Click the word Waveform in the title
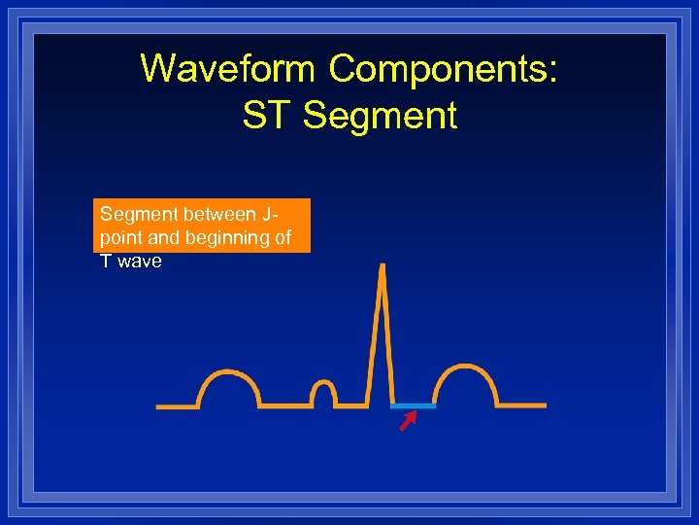[228, 69]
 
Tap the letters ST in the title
[266, 116]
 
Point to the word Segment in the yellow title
[380, 116]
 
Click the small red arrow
[408, 420]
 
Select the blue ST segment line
[414, 405]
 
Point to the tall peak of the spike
[383, 267]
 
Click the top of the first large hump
[229, 371]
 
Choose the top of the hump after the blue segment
[467, 367]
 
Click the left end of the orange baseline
[160, 406]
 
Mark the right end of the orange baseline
[544, 405]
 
